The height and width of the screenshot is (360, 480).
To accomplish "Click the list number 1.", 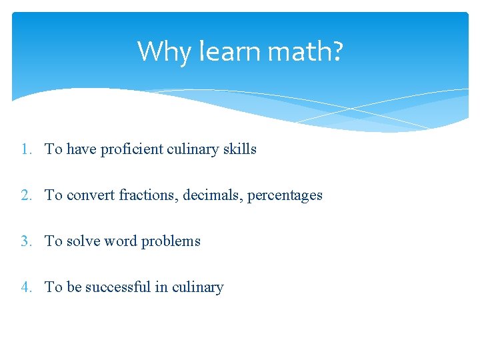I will (25, 149).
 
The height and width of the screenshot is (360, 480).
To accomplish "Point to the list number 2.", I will (25, 195).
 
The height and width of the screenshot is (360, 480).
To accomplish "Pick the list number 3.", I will (25, 241).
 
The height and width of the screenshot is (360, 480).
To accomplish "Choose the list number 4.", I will (25, 287).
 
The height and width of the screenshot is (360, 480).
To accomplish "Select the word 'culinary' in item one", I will (193, 149).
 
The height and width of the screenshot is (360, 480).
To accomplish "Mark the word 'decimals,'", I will (213, 195).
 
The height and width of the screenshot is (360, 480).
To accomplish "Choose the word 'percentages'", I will (285, 195).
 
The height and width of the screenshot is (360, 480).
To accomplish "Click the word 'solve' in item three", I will (83, 241).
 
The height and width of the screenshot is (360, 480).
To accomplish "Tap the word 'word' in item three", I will (119, 241).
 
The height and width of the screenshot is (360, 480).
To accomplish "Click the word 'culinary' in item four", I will (198, 287).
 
